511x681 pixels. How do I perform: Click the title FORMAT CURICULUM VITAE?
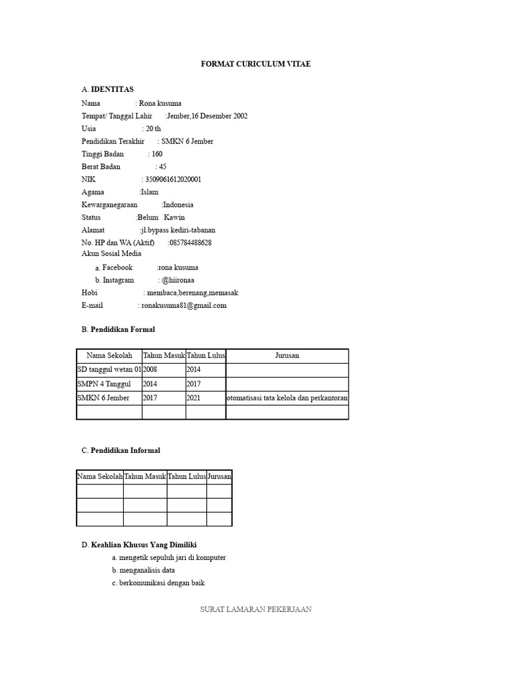255,64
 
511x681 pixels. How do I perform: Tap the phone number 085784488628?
191,243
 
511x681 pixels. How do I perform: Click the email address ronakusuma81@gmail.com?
184,305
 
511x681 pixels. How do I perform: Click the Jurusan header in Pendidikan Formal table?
287,356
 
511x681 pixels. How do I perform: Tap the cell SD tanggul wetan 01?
109,370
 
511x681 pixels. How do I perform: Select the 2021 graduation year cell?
194,398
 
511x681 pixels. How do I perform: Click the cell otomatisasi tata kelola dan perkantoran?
287,398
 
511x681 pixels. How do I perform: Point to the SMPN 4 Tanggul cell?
104,384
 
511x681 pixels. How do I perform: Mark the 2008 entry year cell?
151,370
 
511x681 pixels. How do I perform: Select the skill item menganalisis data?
147,570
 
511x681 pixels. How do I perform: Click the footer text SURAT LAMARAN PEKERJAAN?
255,609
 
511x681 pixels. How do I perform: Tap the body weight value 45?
163,167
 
